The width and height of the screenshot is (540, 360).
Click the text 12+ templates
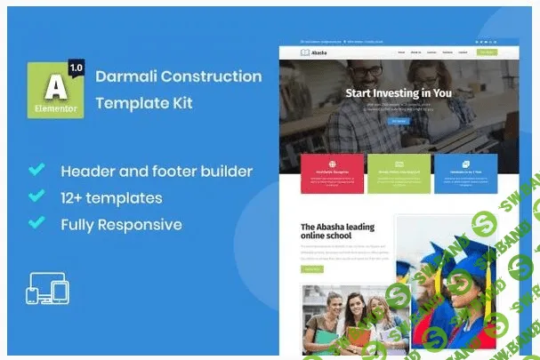pos(111,197)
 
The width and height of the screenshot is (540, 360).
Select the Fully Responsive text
pos(122,224)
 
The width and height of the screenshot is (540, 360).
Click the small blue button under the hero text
pos(398,122)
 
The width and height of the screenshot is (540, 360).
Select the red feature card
pos(332,174)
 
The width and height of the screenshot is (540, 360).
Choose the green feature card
pos(399,174)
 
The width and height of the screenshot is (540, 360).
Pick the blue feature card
pos(466,174)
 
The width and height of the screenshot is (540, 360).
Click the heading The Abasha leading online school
pos(338,231)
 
